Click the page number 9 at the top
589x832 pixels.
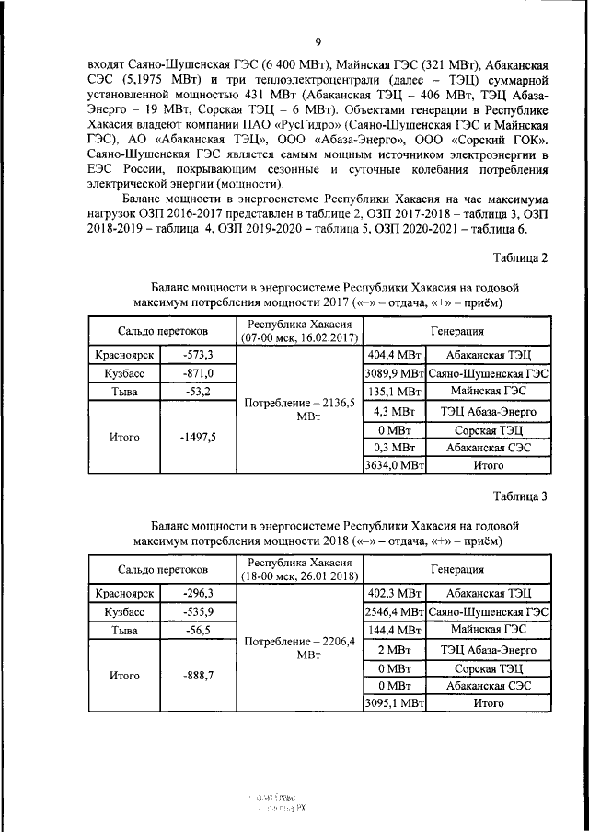point(318,41)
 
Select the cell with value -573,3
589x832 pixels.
point(197,355)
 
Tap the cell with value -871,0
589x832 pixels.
point(197,373)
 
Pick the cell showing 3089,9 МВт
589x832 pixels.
point(394,373)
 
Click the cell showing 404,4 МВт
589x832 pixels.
point(394,355)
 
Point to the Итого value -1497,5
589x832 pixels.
point(197,438)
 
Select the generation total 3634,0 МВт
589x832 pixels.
point(394,466)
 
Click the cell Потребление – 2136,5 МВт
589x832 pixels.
point(300,410)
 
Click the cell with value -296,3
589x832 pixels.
point(197,593)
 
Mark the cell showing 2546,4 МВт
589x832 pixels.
point(394,611)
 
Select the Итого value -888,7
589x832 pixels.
point(197,676)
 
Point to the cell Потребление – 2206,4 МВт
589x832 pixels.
point(300,648)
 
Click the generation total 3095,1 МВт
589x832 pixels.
point(394,703)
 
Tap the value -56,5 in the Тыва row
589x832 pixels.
point(197,630)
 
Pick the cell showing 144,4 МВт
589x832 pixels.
point(394,630)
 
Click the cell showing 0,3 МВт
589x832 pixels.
point(394,447)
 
